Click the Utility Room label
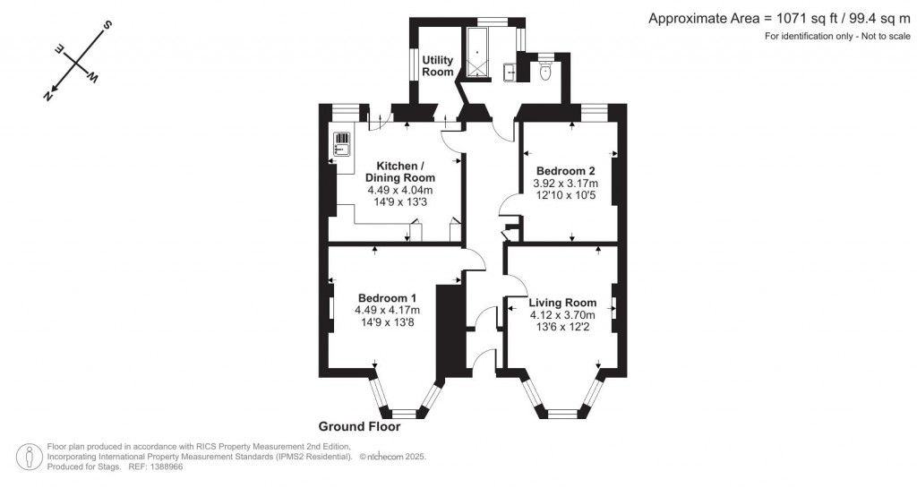click(438, 66)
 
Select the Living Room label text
click(562, 303)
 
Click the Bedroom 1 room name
click(387, 298)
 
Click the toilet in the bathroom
click(545, 72)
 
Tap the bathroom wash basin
click(510, 71)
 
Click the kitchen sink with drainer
click(342, 144)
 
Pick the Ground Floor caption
click(359, 427)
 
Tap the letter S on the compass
click(106, 24)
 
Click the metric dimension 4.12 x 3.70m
click(562, 315)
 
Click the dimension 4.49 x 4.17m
click(387, 311)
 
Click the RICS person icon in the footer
click(31, 456)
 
